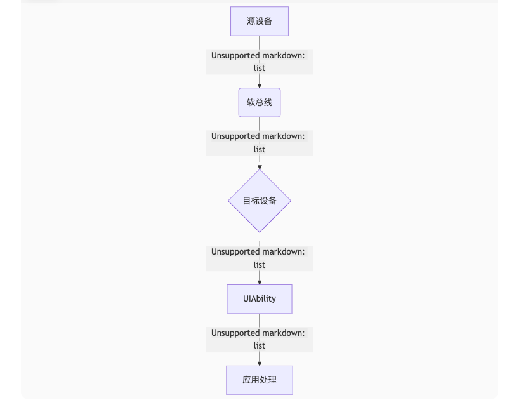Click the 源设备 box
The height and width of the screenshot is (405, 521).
point(259,21)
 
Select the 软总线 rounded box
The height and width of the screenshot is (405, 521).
point(259,102)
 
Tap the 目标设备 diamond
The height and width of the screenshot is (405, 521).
point(259,201)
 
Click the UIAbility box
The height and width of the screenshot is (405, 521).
point(259,298)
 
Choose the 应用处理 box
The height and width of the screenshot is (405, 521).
point(259,380)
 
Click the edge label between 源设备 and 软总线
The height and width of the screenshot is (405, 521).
point(259,62)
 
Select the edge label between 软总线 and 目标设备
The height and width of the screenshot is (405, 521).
point(259,143)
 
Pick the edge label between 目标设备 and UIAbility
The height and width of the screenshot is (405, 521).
point(259,258)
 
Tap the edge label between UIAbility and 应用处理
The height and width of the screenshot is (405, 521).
point(259,339)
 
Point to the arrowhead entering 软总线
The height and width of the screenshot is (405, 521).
point(259,85)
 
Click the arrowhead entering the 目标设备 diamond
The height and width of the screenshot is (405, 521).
point(259,166)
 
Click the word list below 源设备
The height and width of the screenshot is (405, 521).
point(259,68)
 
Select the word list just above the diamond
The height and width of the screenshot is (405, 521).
point(259,149)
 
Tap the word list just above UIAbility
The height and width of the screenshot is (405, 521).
point(259,265)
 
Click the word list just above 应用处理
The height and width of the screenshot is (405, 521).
point(259,345)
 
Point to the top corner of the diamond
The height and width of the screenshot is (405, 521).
point(259,170)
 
